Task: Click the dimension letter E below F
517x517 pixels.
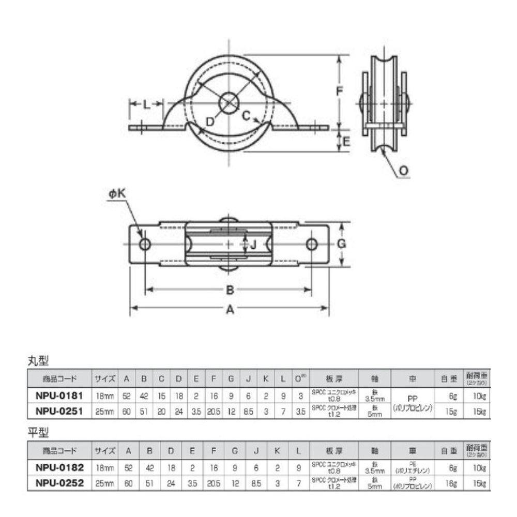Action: pyautogui.click(x=346, y=140)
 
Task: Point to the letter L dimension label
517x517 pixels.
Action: pyautogui.click(x=147, y=105)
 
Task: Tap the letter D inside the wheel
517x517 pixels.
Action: pyautogui.click(x=209, y=121)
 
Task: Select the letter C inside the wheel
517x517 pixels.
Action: pyautogui.click(x=247, y=115)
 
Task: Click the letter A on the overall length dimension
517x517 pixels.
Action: pyautogui.click(x=230, y=310)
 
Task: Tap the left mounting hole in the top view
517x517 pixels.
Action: pyautogui.click(x=145, y=244)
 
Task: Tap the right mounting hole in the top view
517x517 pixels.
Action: pyautogui.click(x=312, y=244)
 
